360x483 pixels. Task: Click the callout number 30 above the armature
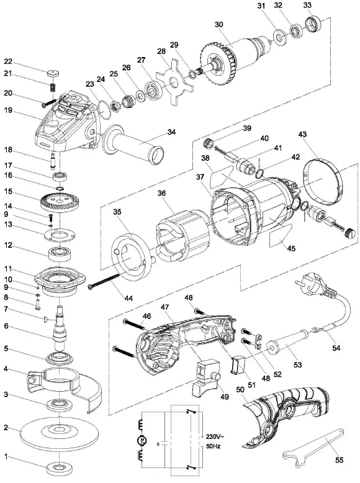coord(218,25)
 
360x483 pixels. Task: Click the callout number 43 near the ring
coord(303,135)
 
